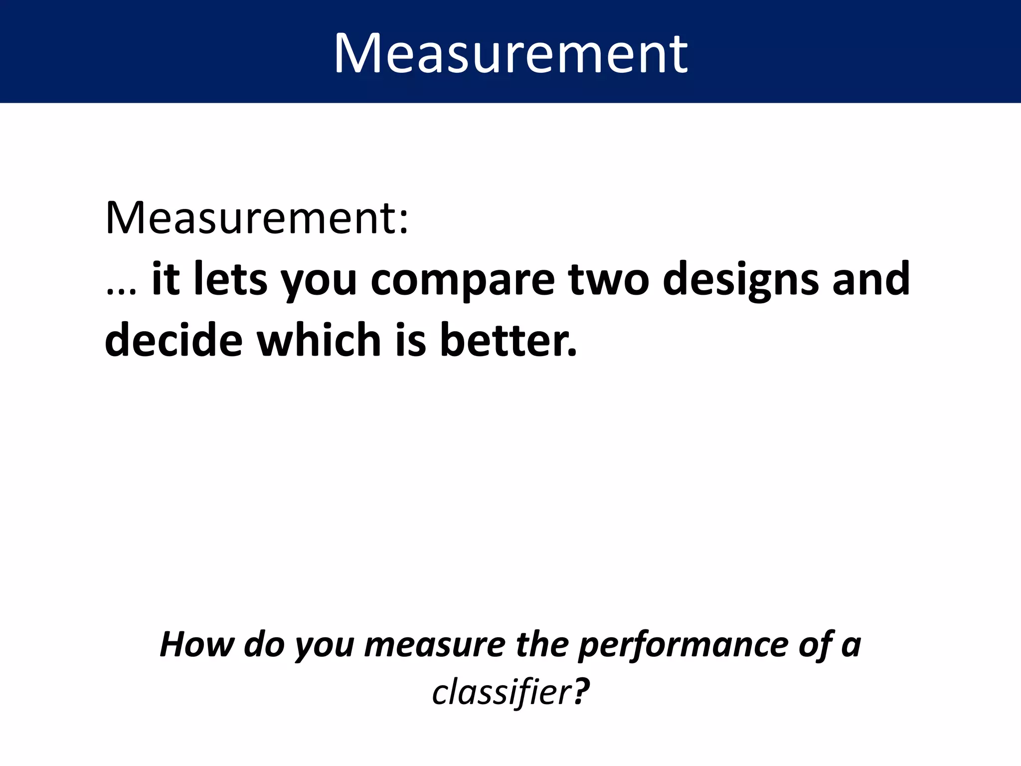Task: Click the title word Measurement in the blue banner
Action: click(510, 53)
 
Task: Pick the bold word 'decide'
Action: click(173, 340)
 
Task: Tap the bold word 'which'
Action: click(319, 340)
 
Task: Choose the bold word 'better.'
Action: click(508, 340)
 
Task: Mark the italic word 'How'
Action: click(196, 644)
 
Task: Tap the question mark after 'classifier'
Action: click(581, 692)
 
